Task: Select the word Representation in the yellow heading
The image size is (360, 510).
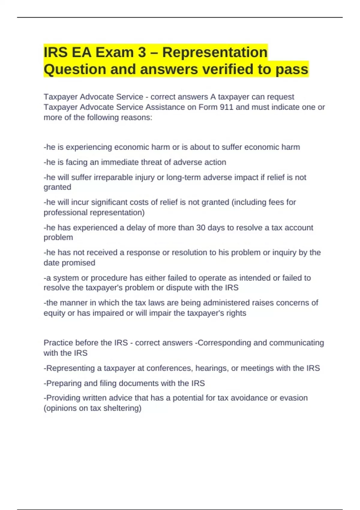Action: pyautogui.click(x=215, y=52)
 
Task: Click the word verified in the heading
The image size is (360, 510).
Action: pyautogui.click(x=229, y=69)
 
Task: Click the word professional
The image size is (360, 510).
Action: pyautogui.click(x=65, y=212)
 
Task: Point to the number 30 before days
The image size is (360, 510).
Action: pyautogui.click(x=201, y=228)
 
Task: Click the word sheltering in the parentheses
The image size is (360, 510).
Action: pyautogui.click(x=121, y=408)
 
